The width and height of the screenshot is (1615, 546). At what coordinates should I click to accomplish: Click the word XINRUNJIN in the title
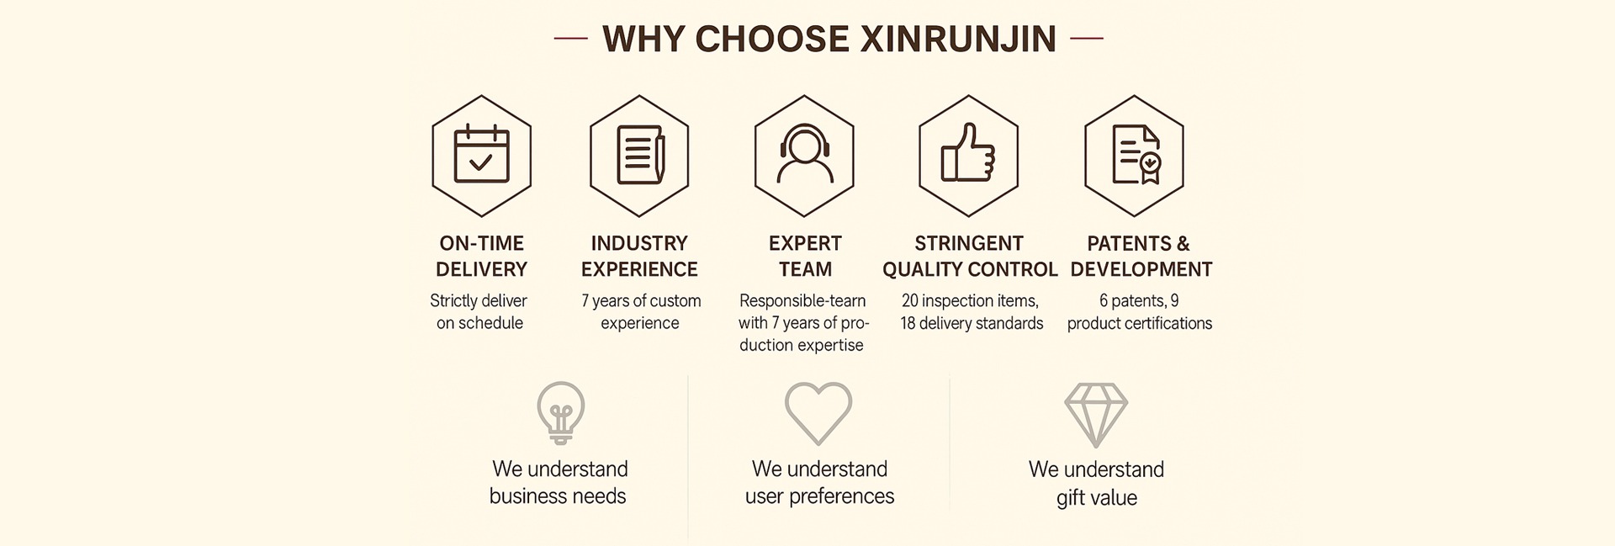click(958, 40)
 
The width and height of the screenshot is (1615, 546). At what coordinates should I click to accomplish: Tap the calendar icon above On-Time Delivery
click(481, 155)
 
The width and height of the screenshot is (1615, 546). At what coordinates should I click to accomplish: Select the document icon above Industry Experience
click(639, 155)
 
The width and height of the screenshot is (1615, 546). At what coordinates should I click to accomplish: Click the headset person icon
click(804, 155)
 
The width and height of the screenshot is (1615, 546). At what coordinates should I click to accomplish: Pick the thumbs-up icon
click(968, 155)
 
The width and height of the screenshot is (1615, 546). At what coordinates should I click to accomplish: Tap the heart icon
click(818, 413)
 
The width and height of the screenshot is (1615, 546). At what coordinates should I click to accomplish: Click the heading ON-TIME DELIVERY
click(481, 256)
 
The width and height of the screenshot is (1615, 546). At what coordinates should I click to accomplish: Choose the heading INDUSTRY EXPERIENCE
click(639, 256)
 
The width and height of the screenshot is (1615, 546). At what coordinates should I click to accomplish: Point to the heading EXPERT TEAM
click(805, 256)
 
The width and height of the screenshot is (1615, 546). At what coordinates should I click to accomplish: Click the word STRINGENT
click(969, 243)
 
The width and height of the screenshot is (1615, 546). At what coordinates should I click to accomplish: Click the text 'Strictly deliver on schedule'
click(479, 311)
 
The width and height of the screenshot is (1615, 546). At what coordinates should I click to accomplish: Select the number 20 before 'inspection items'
click(910, 301)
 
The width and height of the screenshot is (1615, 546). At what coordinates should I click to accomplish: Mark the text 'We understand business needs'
click(559, 482)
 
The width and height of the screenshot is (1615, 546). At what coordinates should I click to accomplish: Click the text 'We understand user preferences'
click(819, 482)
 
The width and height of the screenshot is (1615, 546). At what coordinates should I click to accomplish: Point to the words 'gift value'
click(1096, 497)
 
